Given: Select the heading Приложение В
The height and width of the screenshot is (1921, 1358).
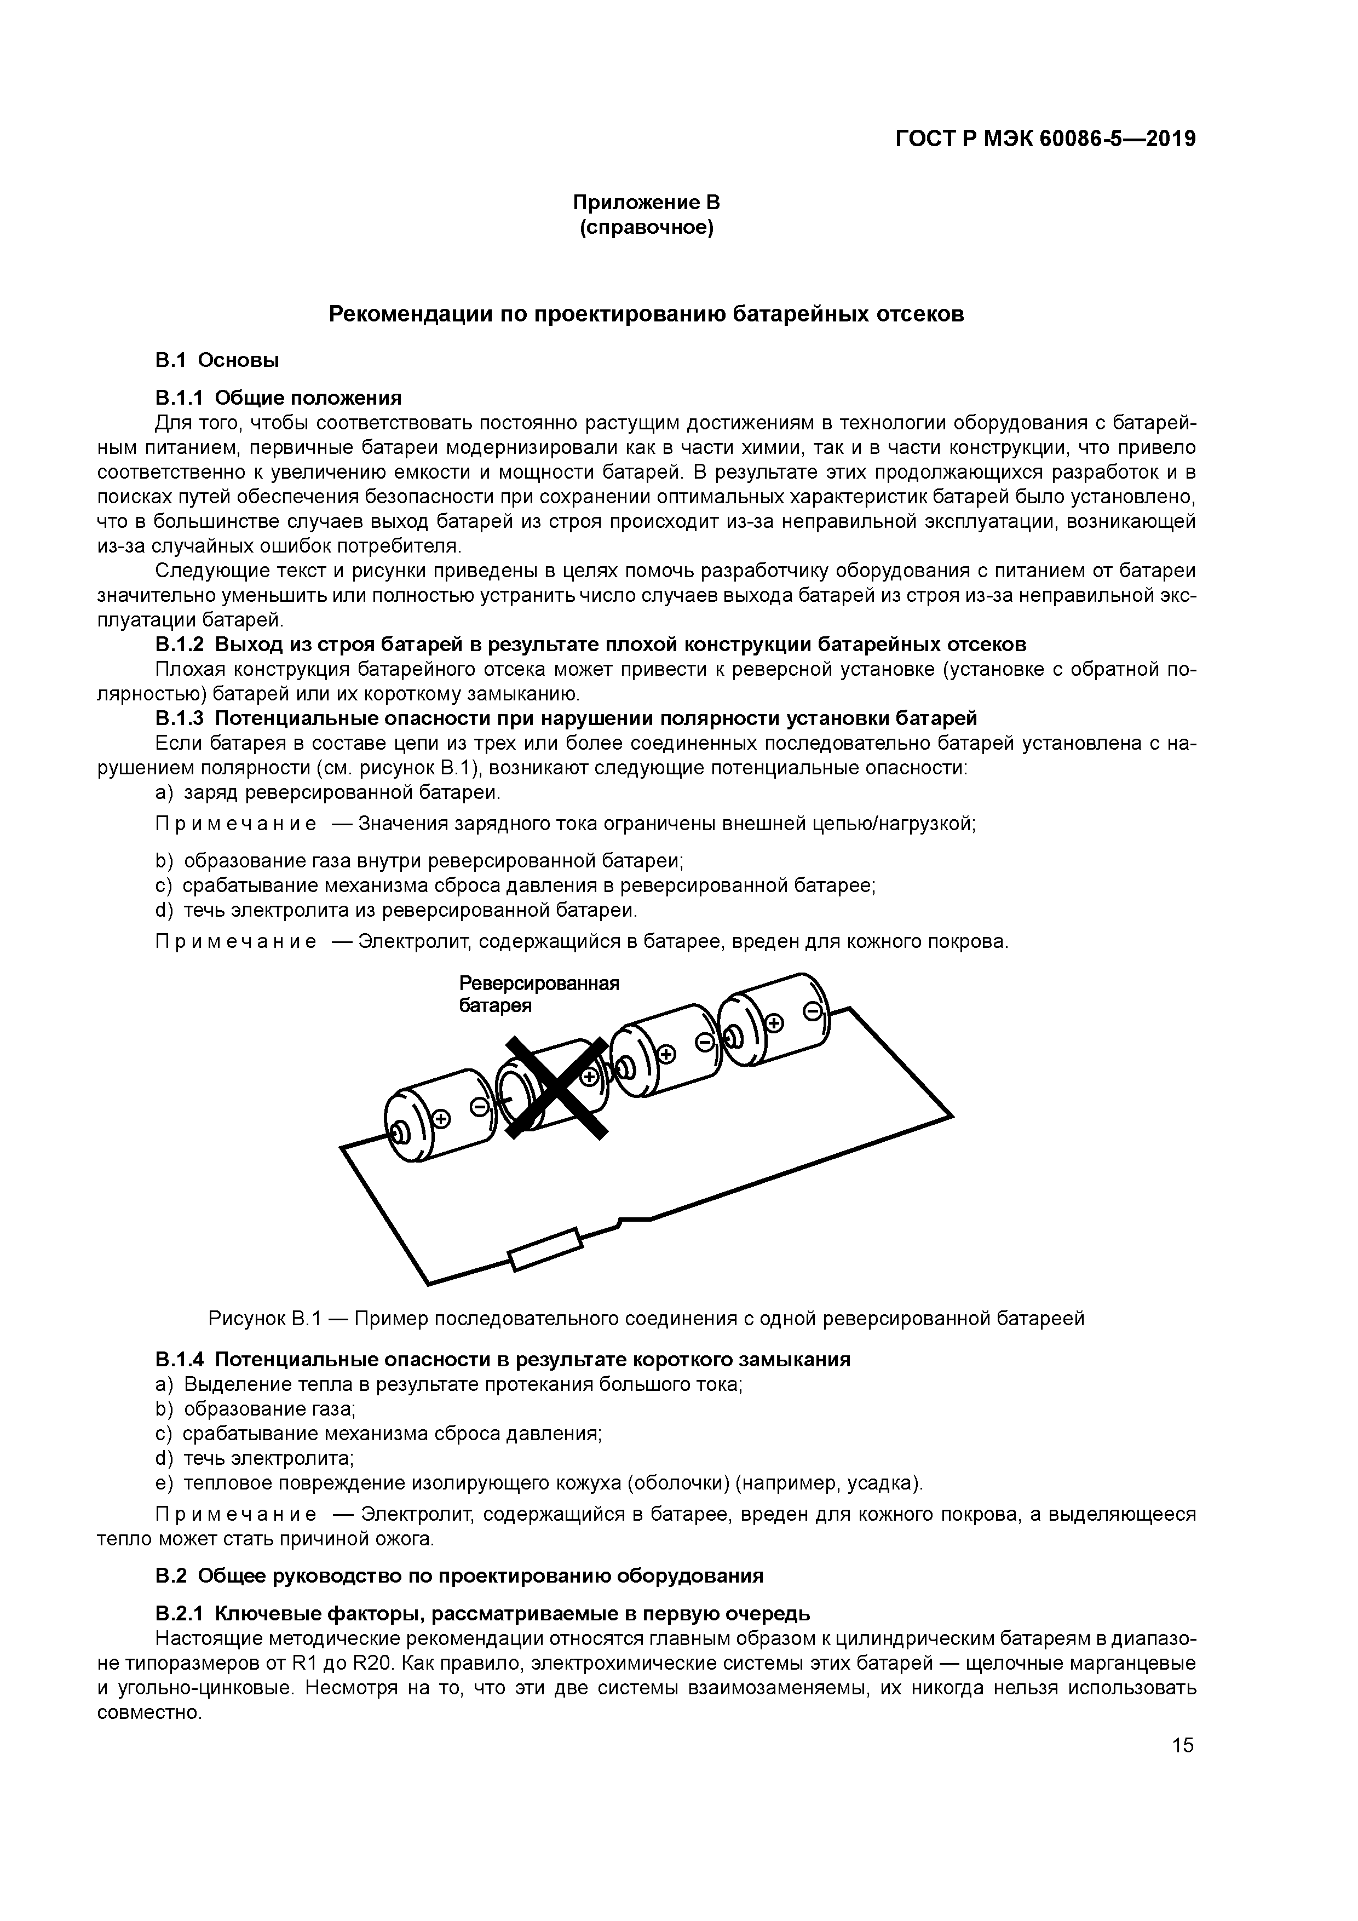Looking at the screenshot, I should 646,203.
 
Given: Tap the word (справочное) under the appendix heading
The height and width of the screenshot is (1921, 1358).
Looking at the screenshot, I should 646,228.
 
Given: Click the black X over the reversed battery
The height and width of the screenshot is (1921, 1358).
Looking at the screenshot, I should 556,1087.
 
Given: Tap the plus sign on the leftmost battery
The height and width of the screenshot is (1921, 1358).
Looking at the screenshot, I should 441,1119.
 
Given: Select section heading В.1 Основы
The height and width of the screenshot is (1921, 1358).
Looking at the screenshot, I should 217,361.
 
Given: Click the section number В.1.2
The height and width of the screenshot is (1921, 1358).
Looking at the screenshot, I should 180,644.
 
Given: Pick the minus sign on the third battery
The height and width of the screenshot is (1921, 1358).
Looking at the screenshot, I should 705,1043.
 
